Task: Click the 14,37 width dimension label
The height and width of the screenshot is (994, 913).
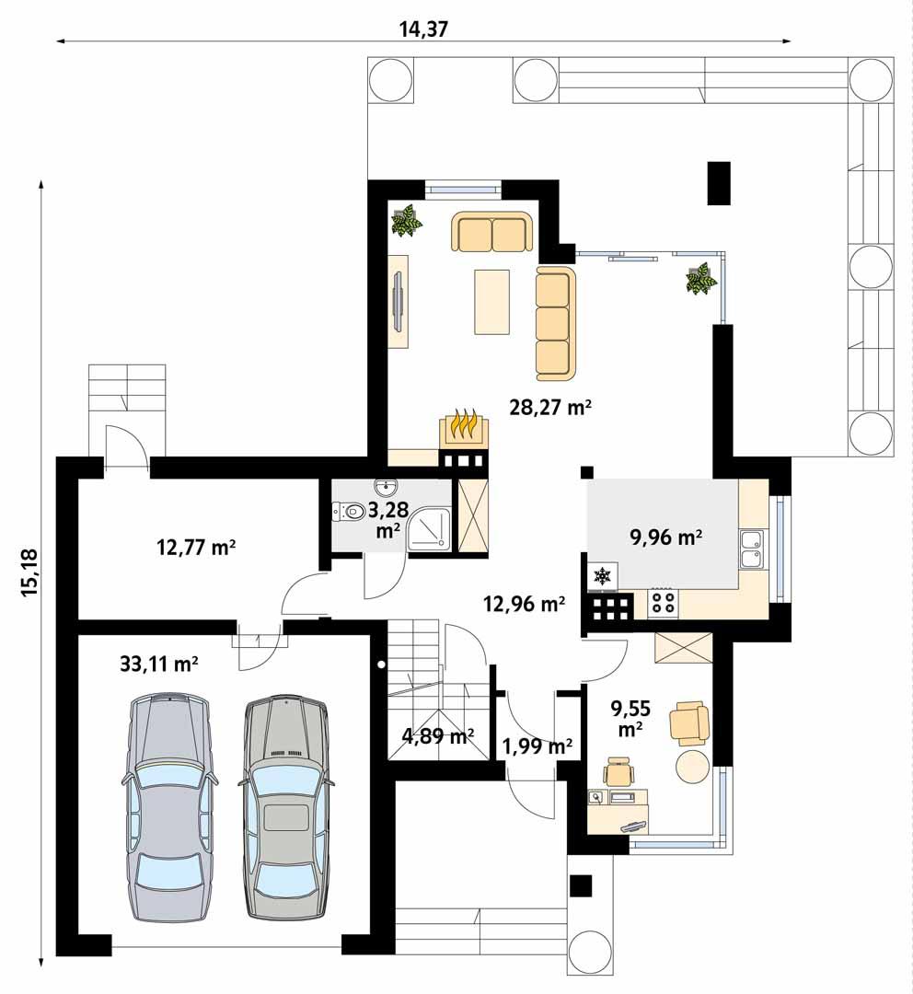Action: [423, 29]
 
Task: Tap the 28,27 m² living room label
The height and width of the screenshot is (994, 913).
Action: [549, 408]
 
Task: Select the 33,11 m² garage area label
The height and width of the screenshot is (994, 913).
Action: [159, 664]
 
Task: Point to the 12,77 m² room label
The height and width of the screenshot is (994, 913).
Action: [197, 549]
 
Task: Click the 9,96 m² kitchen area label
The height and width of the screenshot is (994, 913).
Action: [666, 537]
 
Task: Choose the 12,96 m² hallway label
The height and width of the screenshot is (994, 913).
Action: [524, 604]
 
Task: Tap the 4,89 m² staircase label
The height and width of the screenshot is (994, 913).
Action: [438, 735]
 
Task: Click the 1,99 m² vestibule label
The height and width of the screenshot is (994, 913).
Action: [537, 745]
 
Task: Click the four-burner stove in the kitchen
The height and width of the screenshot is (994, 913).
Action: [664, 603]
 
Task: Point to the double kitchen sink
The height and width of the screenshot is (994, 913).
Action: [752, 549]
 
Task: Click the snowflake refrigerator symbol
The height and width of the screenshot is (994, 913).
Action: [602, 577]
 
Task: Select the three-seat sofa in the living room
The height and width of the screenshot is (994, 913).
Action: [555, 324]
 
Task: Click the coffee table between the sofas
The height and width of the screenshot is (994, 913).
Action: [492, 301]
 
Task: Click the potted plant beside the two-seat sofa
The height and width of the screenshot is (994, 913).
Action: [406, 221]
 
